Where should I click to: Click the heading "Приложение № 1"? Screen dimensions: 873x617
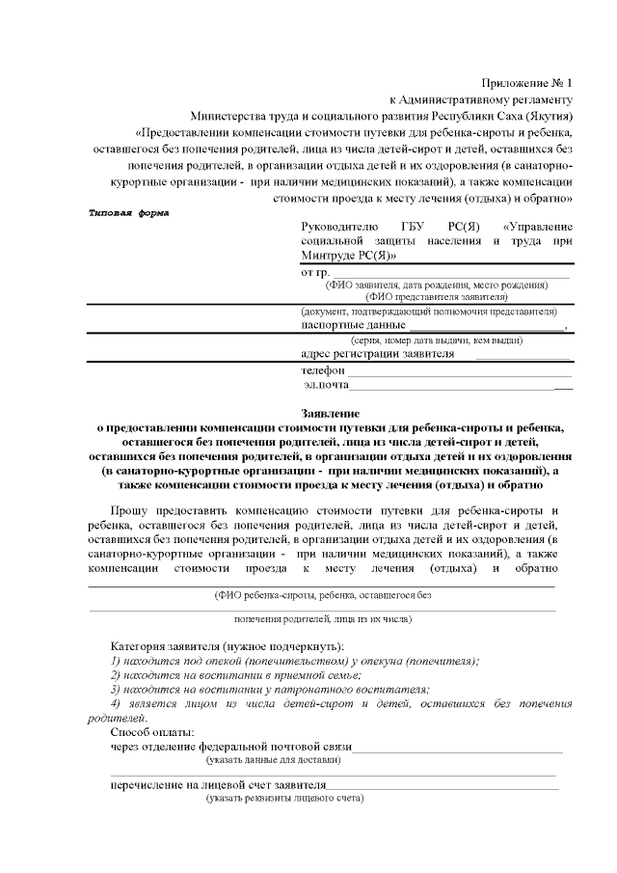(527, 83)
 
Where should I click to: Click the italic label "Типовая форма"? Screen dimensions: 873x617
(128, 212)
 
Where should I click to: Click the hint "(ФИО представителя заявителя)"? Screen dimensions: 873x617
(436, 297)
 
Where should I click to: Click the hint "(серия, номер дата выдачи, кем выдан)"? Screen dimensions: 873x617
(436, 341)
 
